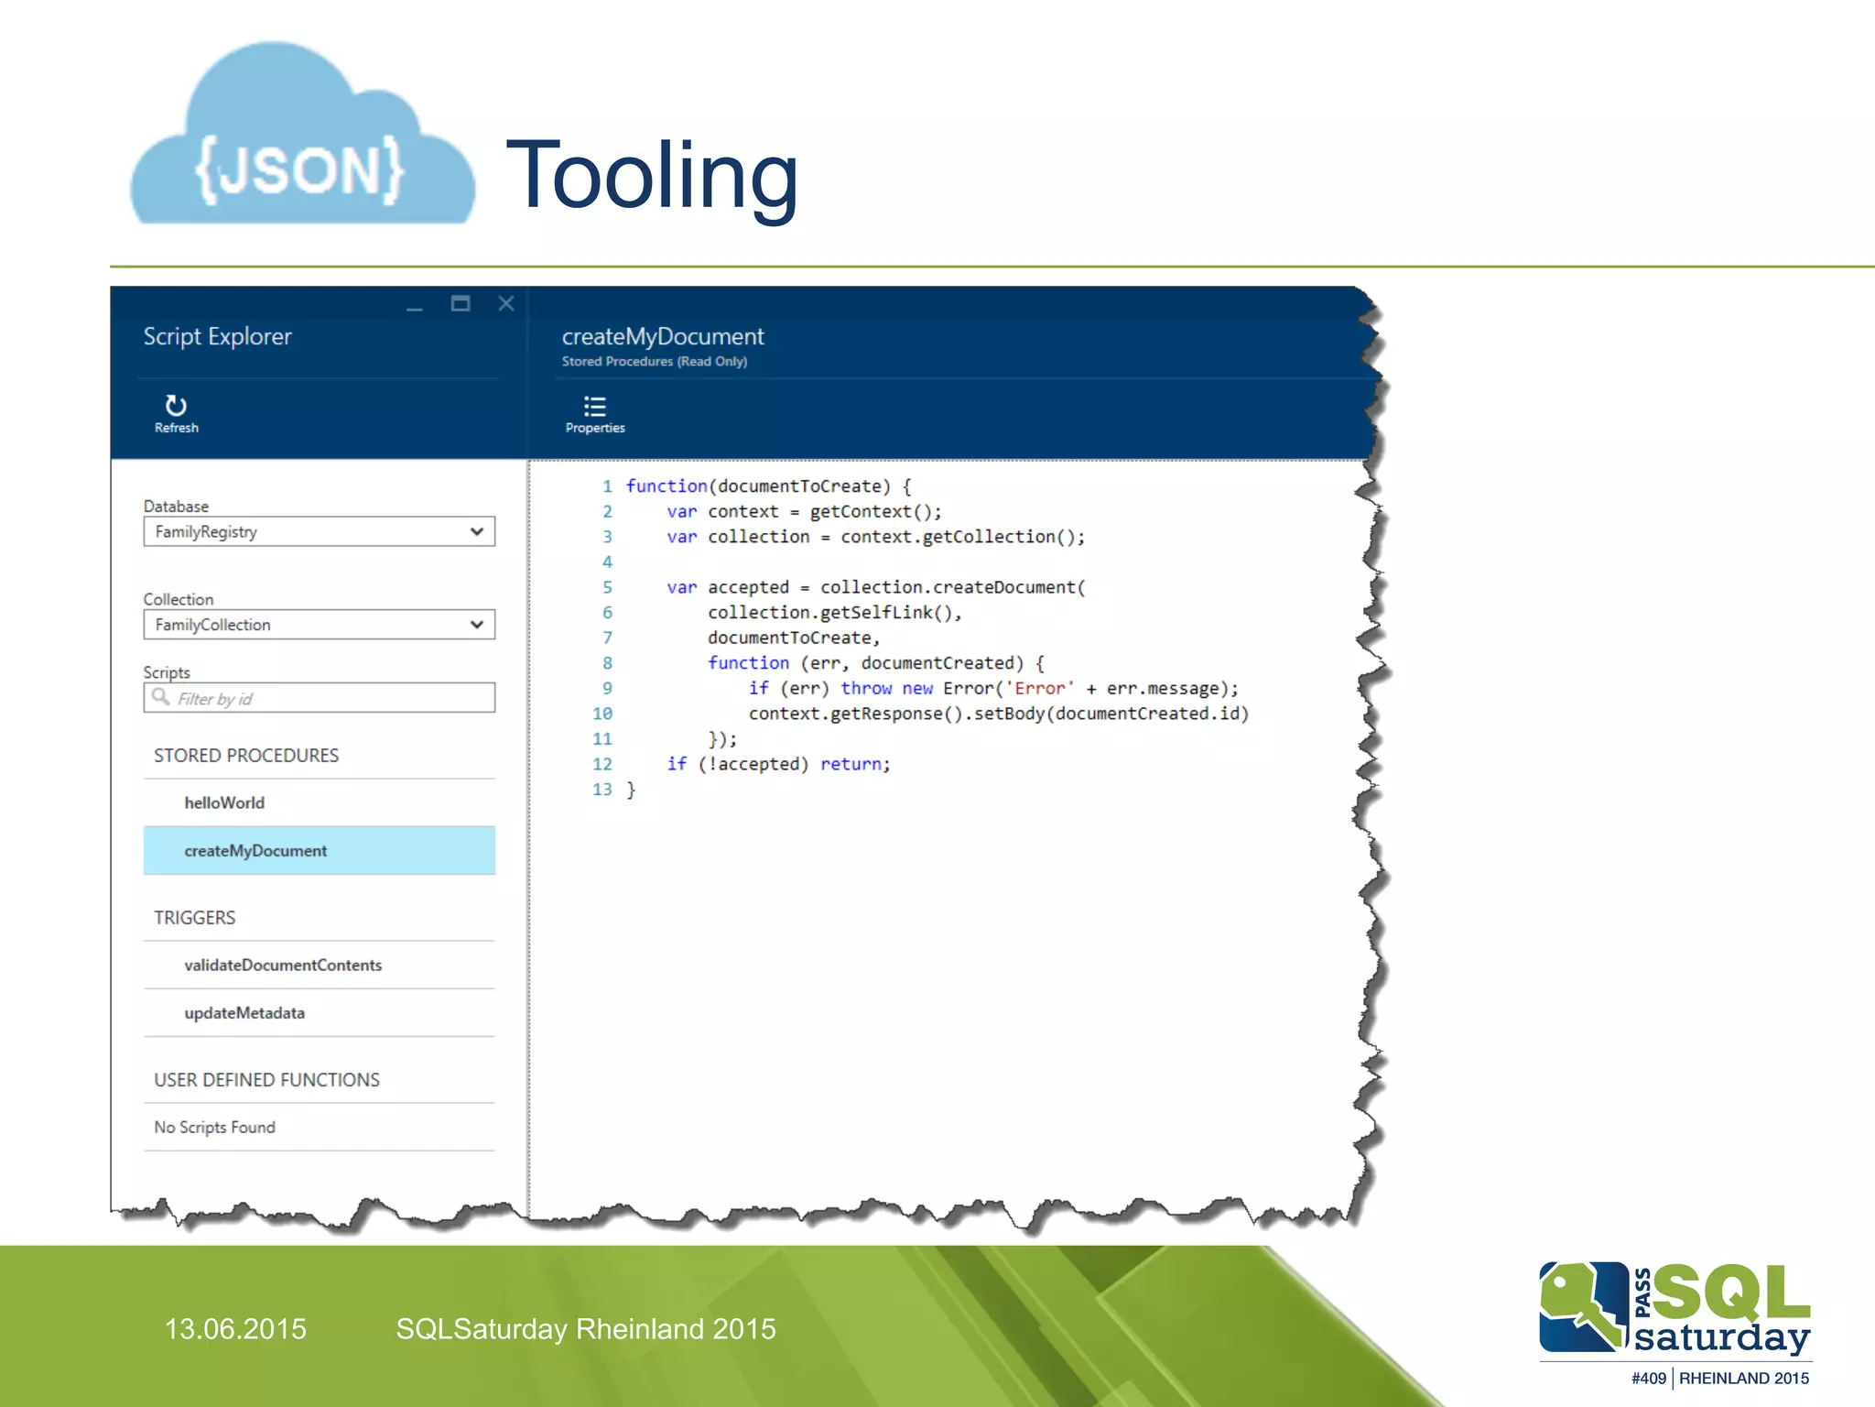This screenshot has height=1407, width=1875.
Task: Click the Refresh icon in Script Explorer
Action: point(176,406)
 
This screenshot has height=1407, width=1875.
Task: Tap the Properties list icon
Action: point(594,407)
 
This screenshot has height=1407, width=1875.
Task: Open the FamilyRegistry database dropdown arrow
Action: point(476,532)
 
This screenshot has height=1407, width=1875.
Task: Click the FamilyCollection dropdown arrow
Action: point(476,625)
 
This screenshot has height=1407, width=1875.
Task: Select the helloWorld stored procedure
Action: point(224,803)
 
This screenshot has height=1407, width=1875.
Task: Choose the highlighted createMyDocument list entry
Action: point(255,851)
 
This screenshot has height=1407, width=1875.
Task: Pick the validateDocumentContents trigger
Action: point(283,965)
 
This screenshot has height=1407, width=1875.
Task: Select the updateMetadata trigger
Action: point(244,1013)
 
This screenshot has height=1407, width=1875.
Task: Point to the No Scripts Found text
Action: point(214,1128)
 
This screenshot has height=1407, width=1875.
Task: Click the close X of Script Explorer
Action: point(505,304)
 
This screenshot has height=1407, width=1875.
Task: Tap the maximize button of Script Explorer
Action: point(461,304)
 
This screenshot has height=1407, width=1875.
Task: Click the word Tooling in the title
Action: point(652,176)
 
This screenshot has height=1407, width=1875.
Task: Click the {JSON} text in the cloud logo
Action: point(299,169)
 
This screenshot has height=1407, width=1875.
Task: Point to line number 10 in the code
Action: point(602,714)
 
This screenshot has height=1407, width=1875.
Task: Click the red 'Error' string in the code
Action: point(1040,689)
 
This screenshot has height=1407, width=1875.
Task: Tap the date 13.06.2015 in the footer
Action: point(235,1329)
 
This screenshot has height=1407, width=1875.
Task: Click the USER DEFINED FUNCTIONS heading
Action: point(266,1080)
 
